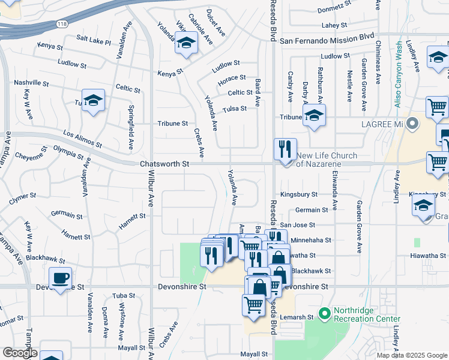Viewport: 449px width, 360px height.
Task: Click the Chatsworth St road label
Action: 164,163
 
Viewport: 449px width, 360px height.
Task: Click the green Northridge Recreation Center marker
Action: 325,314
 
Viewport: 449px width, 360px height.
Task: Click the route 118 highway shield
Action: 62,23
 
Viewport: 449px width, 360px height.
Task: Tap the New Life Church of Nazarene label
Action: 326,160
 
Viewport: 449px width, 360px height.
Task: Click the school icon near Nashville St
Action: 93,100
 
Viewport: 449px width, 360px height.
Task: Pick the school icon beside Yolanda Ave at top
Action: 186,43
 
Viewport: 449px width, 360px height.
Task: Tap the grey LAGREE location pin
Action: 412,124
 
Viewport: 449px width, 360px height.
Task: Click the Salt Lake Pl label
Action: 94,40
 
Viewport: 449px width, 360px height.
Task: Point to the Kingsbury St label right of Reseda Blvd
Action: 299,195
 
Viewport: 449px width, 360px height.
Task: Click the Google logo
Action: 20,353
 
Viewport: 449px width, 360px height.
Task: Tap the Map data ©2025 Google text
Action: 412,355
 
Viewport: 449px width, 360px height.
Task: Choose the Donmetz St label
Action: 334,9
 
